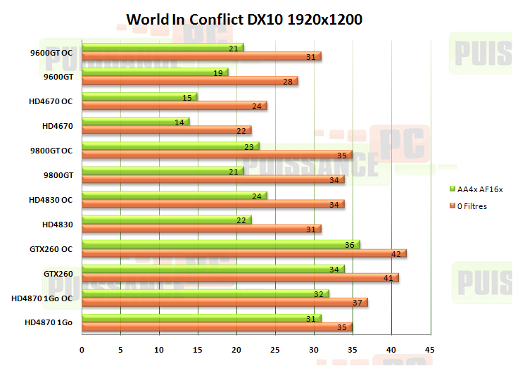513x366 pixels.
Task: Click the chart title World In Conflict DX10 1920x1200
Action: [x=244, y=20]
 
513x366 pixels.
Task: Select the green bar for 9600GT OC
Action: [x=163, y=48]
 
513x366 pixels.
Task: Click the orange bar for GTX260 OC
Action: [x=244, y=253]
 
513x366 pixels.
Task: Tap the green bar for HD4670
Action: [x=135, y=122]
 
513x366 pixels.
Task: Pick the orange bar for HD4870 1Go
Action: [x=217, y=327]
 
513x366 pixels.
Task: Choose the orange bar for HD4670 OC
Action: [x=175, y=106]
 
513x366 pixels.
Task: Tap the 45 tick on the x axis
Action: [x=430, y=350]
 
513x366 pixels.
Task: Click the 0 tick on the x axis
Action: [x=82, y=350]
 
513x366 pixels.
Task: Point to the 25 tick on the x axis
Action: [x=276, y=350]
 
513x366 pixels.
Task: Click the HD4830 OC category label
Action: [x=51, y=199]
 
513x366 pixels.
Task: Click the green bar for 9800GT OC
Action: [x=170, y=146]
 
